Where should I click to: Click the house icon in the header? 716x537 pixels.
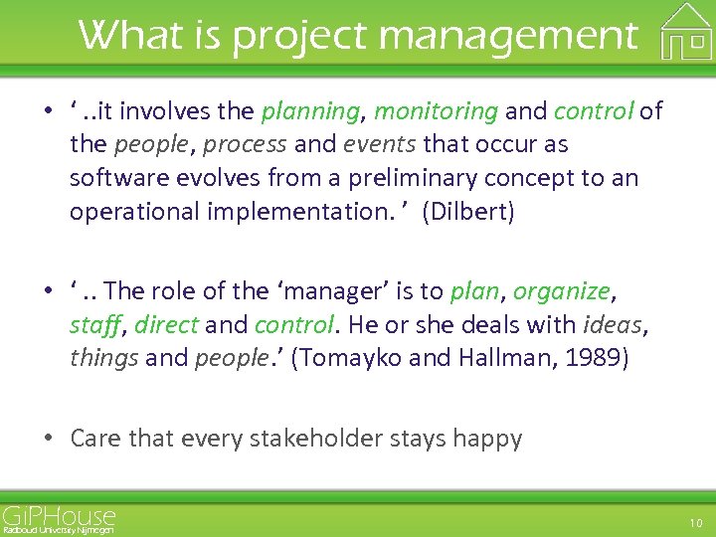coord(687,32)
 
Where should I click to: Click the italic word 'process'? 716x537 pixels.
coord(242,145)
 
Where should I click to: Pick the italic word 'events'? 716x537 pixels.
coord(380,145)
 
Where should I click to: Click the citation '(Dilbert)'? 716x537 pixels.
coord(468,213)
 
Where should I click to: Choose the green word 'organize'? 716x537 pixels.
coord(562,291)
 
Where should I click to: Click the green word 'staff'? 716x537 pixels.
coord(94,325)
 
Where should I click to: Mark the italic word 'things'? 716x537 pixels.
coord(104,358)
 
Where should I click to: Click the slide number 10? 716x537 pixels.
coord(695,523)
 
